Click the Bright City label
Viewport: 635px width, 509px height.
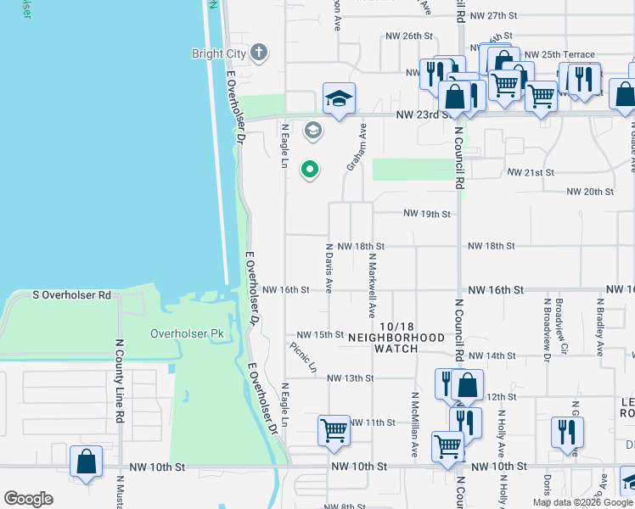[219, 53]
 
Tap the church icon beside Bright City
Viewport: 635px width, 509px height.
[260, 53]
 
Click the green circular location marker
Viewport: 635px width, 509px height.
[310, 170]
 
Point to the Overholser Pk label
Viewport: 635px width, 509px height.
[187, 333]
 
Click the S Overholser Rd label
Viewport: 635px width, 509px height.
[72, 295]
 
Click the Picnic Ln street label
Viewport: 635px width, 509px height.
[302, 358]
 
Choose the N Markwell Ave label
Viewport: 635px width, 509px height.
[371, 284]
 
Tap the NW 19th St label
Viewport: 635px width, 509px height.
[426, 214]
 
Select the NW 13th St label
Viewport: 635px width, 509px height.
[350, 378]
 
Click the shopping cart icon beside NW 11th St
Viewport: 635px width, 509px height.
[334, 430]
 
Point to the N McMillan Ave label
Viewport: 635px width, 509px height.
[414, 425]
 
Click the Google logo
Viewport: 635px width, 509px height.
[28, 499]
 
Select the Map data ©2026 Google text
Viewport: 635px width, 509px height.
[582, 502]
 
